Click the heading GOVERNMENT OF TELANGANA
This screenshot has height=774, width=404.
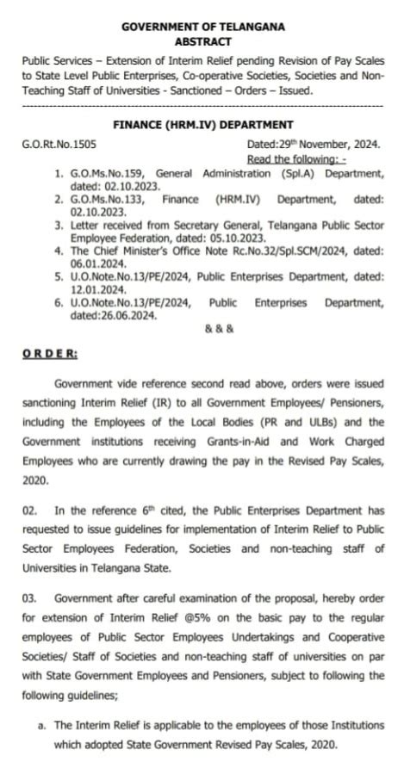click(202, 27)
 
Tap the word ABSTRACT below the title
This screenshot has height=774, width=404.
click(202, 40)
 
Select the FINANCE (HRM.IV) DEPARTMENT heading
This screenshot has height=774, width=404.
click(202, 125)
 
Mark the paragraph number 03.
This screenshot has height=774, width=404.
click(29, 597)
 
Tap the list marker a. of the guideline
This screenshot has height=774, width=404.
click(42, 726)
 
